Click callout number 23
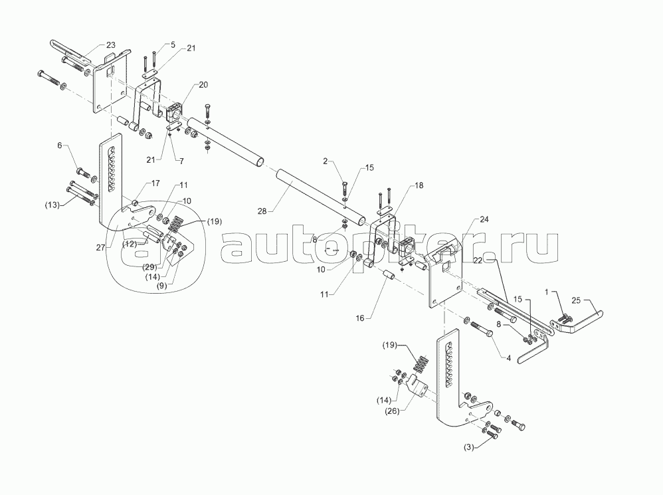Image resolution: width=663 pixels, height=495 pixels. (110, 45)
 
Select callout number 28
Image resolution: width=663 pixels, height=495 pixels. (262, 211)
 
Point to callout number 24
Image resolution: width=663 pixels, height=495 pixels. (483, 219)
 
